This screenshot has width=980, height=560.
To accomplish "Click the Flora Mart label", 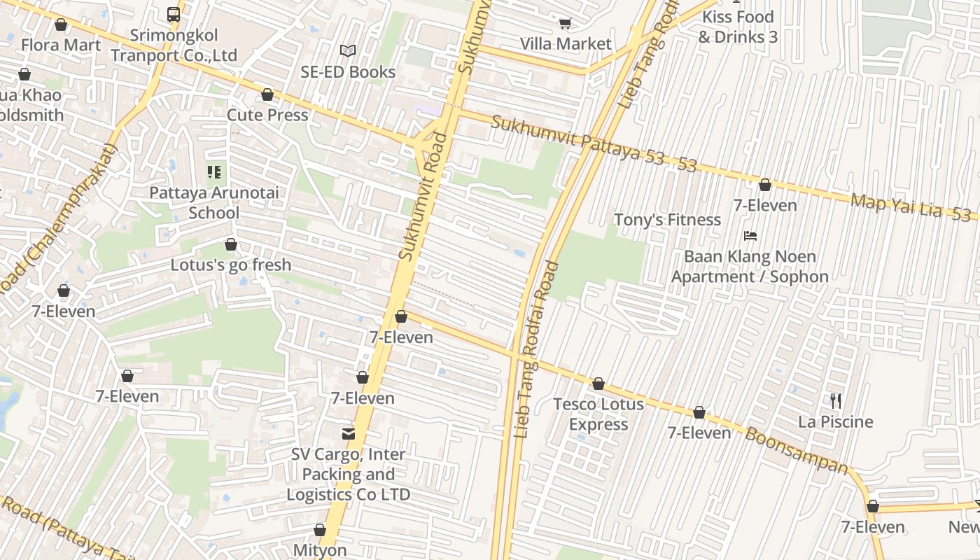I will tap(61, 45).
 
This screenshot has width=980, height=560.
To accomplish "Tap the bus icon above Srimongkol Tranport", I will tap(174, 14).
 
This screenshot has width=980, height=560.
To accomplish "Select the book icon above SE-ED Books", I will tap(348, 50).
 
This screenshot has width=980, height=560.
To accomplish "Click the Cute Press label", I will tap(267, 115).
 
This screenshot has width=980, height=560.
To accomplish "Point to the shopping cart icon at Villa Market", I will tap(565, 23).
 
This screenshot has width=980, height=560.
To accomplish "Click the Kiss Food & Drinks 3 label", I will tap(738, 27).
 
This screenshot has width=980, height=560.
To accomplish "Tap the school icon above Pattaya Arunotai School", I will tap(214, 171).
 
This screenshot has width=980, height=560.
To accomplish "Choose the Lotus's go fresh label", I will tap(231, 265).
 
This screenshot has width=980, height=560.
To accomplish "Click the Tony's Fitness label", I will tap(667, 220).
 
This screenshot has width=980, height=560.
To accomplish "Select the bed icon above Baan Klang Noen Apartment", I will tap(750, 236).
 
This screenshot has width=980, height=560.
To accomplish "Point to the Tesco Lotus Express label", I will tap(598, 414).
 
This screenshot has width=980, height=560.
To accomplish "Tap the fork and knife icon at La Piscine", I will tap(836, 401).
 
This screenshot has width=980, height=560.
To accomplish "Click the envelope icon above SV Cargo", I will tap(348, 434).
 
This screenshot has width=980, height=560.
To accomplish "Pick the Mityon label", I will tap(320, 550).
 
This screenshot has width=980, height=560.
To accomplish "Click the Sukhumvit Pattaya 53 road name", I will tap(577, 141).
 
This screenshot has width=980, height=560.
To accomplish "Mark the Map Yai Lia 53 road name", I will tap(910, 207).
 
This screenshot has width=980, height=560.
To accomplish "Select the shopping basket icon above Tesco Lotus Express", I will tap(598, 384).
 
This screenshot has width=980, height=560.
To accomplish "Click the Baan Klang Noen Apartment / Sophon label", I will tap(750, 267).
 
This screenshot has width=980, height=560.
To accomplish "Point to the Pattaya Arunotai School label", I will tap(214, 202).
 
